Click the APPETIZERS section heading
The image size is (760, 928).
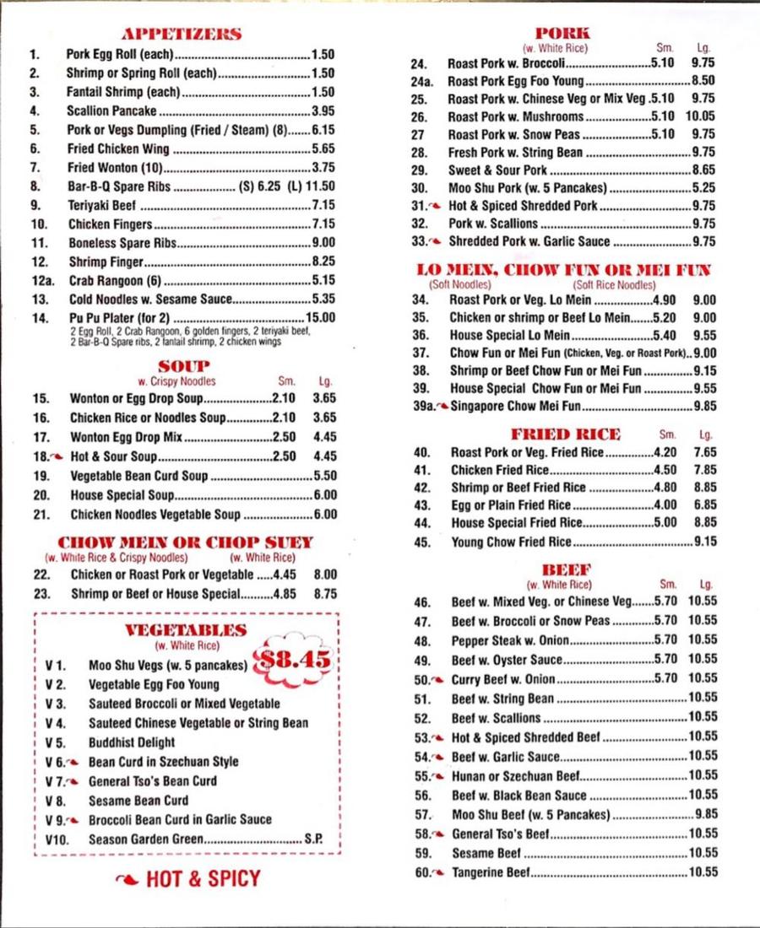(182, 35)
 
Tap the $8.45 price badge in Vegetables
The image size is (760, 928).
(294, 660)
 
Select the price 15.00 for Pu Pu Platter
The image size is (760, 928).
(320, 318)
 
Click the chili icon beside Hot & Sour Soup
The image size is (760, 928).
(57, 456)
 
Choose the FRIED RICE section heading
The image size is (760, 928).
(565, 434)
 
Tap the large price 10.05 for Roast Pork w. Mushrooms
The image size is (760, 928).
(700, 116)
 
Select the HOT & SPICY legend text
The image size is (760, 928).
(203, 879)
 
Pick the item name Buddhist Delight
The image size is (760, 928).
(132, 742)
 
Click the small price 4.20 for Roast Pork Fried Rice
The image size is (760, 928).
(665, 452)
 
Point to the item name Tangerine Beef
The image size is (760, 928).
(491, 872)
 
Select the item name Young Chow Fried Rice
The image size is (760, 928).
(511, 542)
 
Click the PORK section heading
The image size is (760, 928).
(562, 34)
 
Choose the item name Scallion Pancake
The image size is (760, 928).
(111, 111)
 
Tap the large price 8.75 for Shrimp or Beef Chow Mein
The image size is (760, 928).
(324, 593)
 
